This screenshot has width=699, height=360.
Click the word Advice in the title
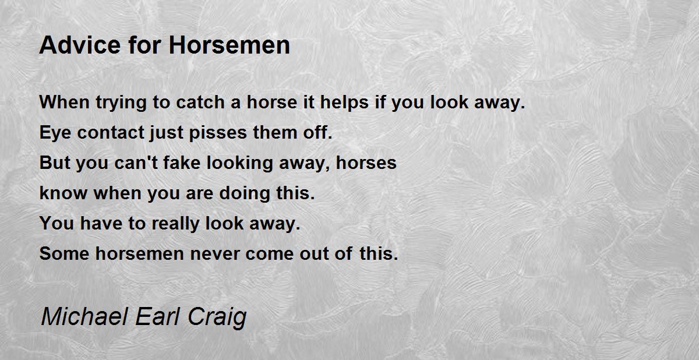80,45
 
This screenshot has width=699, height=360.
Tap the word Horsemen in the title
230,45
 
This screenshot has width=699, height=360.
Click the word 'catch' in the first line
200,102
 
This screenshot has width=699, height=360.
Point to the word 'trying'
121,104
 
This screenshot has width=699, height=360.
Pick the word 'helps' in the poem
344,103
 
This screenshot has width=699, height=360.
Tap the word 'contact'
111,133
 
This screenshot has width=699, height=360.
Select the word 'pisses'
218,133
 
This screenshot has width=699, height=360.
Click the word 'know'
63,193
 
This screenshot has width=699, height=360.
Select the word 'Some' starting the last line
64,253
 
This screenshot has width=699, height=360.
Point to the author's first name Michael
85,316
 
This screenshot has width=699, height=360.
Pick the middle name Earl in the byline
158,316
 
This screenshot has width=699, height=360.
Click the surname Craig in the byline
217,318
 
